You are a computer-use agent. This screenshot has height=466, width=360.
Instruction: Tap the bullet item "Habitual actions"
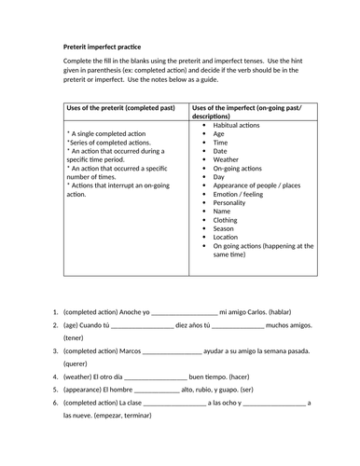click(239, 124)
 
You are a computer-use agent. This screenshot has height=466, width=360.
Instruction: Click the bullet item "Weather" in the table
click(229, 159)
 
